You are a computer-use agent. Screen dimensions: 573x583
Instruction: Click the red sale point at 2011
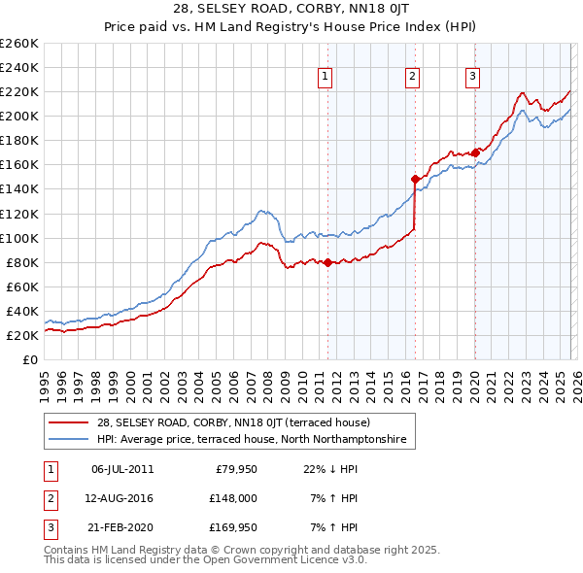(327, 262)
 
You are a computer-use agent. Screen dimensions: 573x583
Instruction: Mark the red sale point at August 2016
(415, 179)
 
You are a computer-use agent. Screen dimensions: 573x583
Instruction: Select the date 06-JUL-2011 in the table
(122, 469)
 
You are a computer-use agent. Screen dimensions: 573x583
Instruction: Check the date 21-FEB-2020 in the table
(122, 527)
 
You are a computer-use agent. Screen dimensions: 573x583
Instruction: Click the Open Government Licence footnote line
(205, 560)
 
